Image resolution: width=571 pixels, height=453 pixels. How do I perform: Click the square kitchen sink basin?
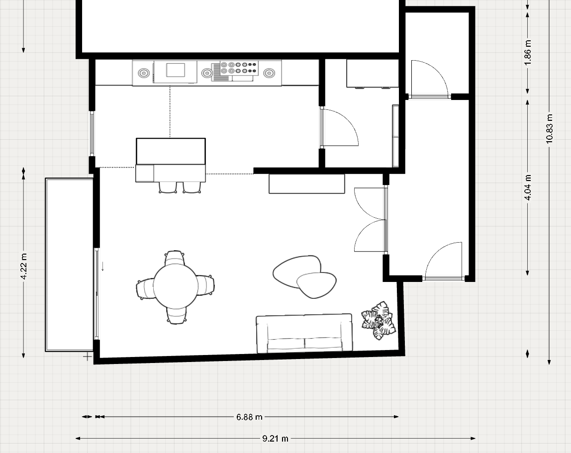175,70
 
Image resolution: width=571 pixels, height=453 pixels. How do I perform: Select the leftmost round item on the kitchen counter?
143,74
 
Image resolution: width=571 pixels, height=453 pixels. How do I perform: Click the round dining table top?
175,285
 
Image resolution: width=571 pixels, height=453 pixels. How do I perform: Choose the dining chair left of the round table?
144,288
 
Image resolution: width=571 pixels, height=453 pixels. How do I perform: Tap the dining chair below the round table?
176,315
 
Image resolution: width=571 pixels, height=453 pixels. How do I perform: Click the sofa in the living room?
304,333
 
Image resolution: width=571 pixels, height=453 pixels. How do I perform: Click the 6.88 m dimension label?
249,417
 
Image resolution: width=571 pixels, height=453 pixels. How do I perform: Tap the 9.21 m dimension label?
275,439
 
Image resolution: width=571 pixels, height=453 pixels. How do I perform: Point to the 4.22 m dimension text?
23,267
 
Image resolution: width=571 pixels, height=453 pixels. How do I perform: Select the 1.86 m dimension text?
528,50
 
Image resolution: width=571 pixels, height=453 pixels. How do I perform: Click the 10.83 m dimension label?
549,129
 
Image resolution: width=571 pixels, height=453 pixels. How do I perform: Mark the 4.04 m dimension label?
528,187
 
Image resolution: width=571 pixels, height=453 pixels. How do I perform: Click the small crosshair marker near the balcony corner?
88,357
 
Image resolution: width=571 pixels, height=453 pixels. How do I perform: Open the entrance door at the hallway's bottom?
444,261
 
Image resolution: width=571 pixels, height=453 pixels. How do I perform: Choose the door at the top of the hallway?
429,79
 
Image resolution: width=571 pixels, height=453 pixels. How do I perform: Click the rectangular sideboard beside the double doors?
306,184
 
